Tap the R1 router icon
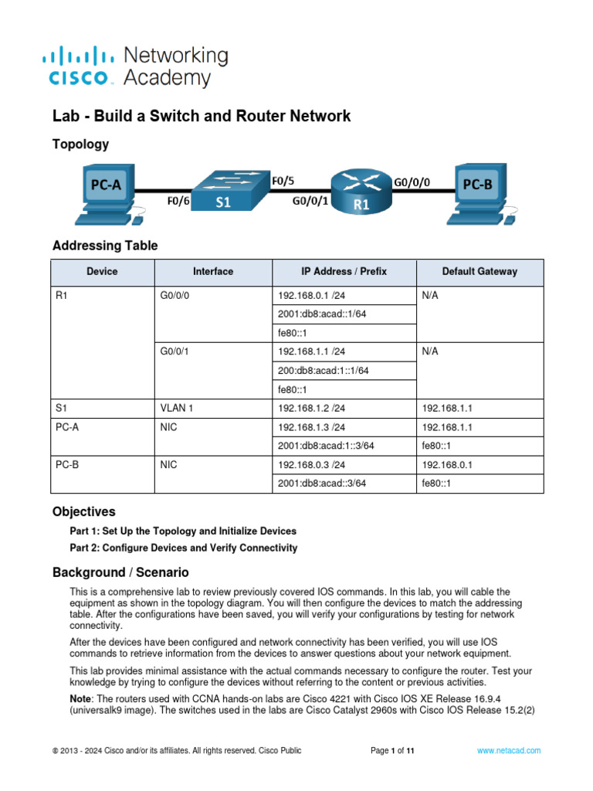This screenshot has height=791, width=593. coord(361,192)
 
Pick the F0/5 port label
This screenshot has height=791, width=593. coord(283,182)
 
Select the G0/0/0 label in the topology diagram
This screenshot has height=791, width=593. coord(412,183)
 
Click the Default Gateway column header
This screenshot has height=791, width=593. coord(479,272)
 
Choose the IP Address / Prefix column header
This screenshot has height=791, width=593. coord(344,272)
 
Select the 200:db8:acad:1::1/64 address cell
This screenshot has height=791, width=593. coord(324,371)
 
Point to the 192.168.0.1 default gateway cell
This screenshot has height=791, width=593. coord(447,465)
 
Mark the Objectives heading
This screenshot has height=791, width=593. coord(83,511)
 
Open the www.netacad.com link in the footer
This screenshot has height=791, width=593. coord(508,750)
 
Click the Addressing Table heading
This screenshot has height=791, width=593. coord(104,246)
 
